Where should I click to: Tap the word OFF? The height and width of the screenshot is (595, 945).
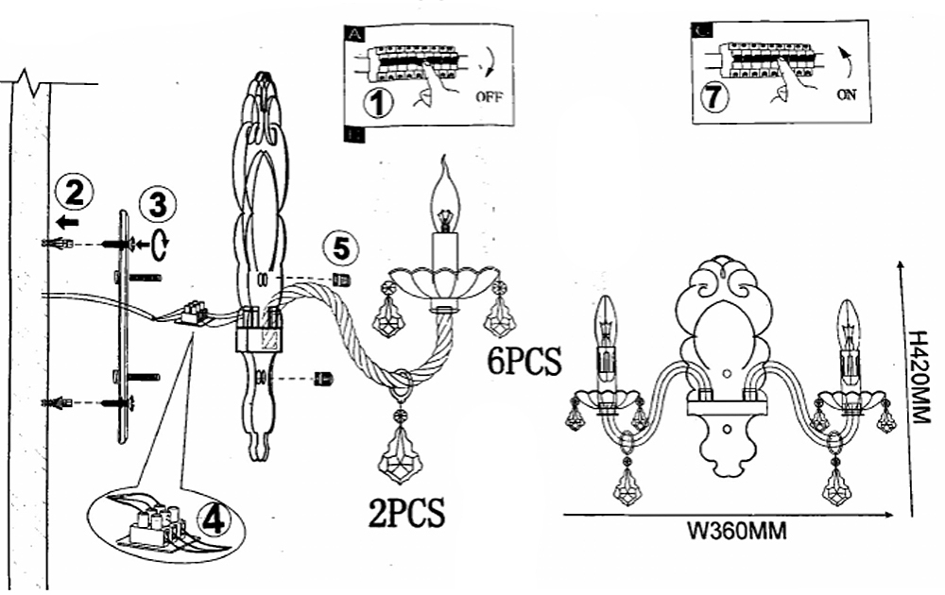tap(489, 97)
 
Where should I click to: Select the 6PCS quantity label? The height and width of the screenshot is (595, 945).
tap(524, 360)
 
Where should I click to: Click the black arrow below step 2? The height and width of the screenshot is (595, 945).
tap(66, 223)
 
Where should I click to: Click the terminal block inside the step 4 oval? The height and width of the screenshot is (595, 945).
tap(156, 525)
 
